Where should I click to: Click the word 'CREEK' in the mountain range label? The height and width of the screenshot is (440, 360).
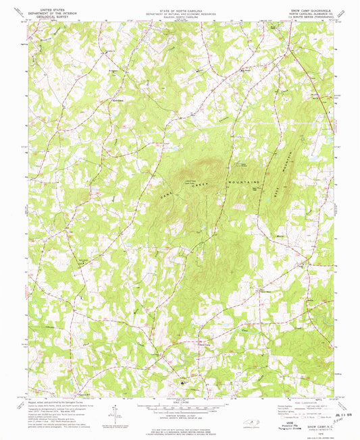pyautogui.click(x=191, y=185)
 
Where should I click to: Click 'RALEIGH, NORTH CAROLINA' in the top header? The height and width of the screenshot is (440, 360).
pyautogui.click(x=180, y=15)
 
